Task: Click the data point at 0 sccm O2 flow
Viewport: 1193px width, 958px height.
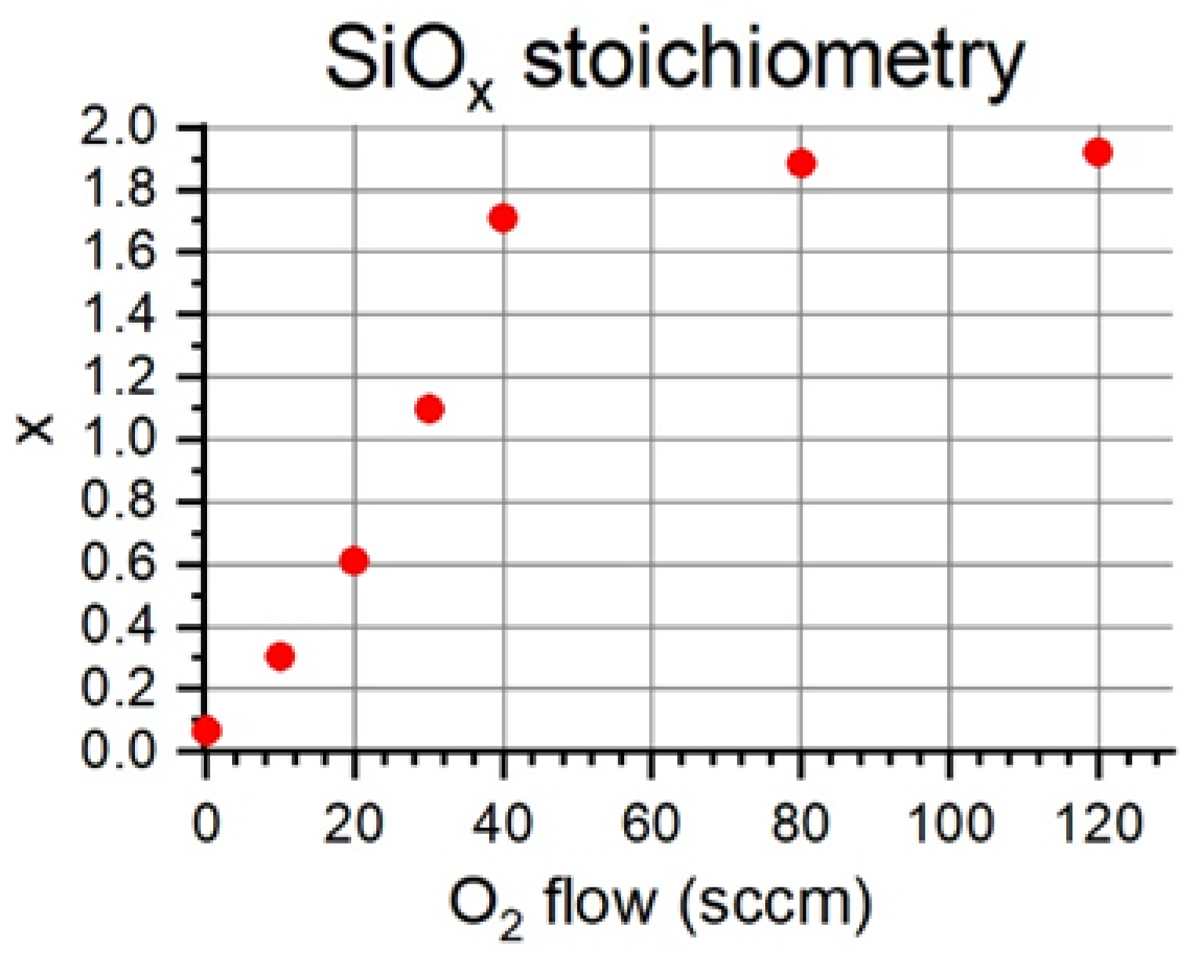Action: tap(207, 731)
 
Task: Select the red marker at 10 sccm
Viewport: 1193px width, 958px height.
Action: tap(281, 656)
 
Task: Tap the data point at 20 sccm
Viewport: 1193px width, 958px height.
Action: tap(354, 561)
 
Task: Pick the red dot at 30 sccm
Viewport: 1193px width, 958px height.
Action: tap(430, 408)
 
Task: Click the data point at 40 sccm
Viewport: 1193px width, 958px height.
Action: tap(503, 218)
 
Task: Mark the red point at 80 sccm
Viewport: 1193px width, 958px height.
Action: tap(801, 163)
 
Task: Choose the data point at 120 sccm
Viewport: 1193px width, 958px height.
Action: tap(1098, 153)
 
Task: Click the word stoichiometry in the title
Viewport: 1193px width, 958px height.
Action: tap(772, 63)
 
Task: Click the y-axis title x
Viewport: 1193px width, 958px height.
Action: tap(35, 429)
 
